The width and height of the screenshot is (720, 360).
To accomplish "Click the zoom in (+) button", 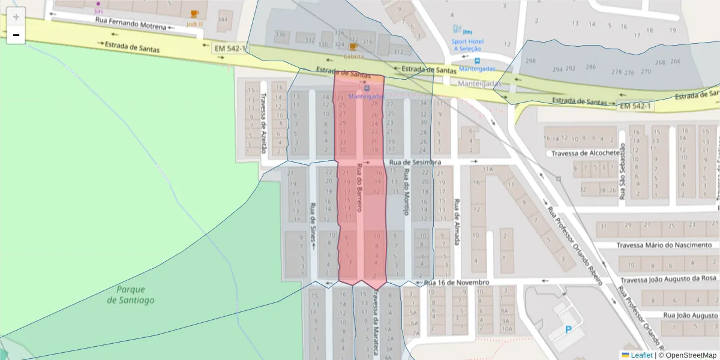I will coord(16,16).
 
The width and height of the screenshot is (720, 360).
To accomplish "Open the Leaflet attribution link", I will coord(641,355).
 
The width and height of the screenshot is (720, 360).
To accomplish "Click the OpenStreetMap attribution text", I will coord(687,355).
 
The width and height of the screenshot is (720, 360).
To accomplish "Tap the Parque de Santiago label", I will coord(130,294).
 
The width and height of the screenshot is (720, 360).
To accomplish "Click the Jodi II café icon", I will coord(194,14).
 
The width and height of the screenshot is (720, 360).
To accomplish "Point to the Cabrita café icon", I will coord(353,46).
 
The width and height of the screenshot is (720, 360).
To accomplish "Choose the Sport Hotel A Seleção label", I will coord(468,45).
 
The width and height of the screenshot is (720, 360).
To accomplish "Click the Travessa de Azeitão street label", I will coord(263,124).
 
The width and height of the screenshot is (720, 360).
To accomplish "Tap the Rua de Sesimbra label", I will coord(415,163).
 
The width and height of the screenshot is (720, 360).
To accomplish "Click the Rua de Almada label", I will coord(457,222).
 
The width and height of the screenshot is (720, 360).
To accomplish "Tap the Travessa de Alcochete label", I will coord(585,153).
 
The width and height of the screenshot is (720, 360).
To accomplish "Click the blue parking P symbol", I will coord(568,329).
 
